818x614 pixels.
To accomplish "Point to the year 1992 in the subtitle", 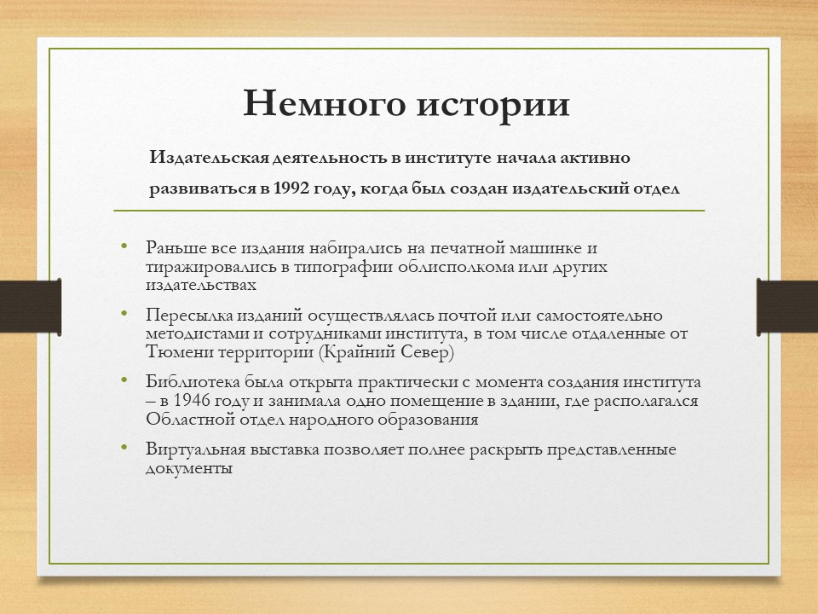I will click(x=296, y=188).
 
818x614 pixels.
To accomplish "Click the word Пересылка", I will click(x=182, y=316).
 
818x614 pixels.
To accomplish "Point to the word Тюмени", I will click(x=174, y=351).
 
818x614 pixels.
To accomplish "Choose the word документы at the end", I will click(x=188, y=468).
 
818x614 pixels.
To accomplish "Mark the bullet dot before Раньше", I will click(x=124, y=247).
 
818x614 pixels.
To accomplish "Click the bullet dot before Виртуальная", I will click(x=124, y=448).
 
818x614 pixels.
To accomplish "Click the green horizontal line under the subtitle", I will click(x=409, y=210).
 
